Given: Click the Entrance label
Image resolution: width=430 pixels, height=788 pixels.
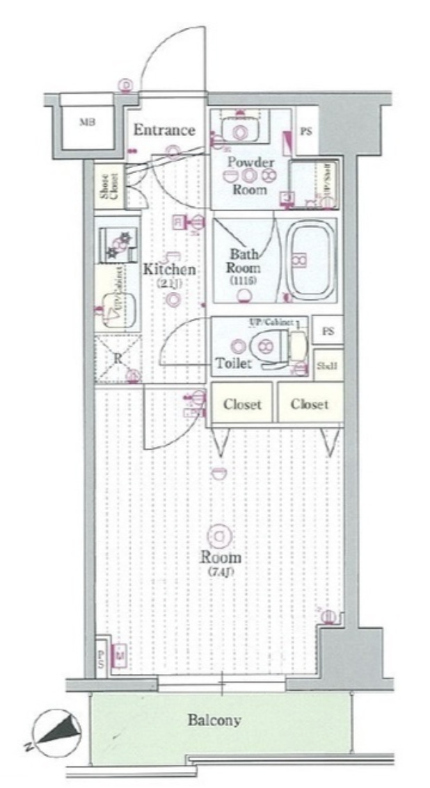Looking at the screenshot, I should coord(164,130).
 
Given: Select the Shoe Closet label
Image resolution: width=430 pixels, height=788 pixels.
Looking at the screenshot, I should coord(109,186).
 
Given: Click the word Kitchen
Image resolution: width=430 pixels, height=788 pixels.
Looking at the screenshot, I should coord(169,270).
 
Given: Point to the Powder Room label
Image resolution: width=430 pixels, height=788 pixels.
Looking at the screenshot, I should coord(249,174).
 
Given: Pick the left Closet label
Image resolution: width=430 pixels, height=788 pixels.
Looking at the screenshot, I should coord(242,404).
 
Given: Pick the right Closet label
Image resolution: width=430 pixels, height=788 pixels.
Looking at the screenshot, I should coord(310,404).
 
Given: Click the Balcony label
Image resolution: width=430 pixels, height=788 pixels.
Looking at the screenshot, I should coord(214,720).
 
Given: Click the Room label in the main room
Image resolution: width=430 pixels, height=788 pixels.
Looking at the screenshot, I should coord(221,557).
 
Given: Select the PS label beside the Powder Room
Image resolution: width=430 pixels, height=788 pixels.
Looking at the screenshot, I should coord(305,131).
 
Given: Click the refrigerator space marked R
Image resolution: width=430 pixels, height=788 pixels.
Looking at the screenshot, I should coord(118,358).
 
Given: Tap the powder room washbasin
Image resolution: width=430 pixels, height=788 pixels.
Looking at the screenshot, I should coord(241,131).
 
